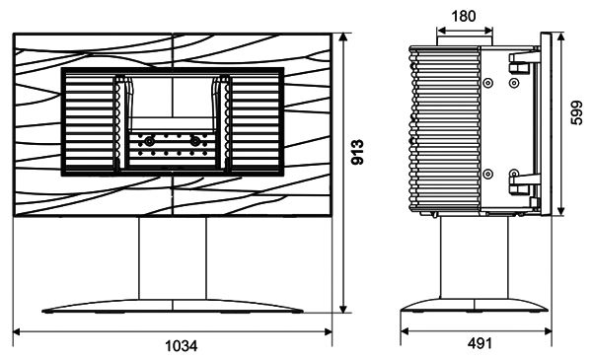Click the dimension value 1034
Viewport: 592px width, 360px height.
coord(182,345)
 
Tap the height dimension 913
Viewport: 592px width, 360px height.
coord(357,152)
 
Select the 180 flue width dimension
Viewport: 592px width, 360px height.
coord(464,16)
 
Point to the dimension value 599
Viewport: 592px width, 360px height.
coord(576,112)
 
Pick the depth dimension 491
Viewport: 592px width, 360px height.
coord(480,343)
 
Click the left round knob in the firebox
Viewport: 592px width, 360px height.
coord(149,141)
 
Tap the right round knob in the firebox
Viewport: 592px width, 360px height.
coord(194,141)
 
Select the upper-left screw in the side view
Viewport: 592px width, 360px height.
coord(488,83)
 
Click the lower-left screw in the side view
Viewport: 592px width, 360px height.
coord(488,174)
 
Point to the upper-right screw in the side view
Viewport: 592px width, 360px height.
coord(514,83)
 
